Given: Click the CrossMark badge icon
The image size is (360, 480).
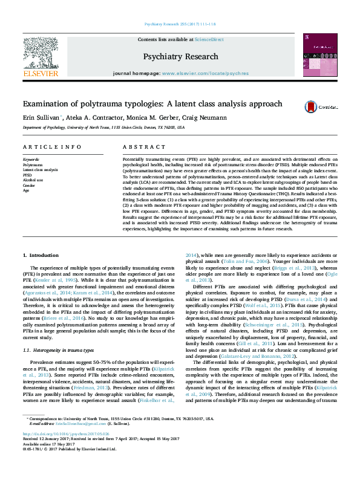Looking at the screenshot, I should (x=312, y=106).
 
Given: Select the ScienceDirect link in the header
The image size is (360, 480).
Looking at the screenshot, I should (x=209, y=39).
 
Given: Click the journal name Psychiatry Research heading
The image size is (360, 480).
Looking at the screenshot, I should (x=180, y=57).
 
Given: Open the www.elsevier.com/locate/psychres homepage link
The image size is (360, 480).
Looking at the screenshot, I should (x=197, y=73).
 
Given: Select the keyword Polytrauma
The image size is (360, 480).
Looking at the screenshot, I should (x=33, y=164).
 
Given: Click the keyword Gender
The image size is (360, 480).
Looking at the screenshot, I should (x=30, y=185).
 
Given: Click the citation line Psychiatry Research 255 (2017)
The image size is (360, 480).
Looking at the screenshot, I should (x=180, y=24).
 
